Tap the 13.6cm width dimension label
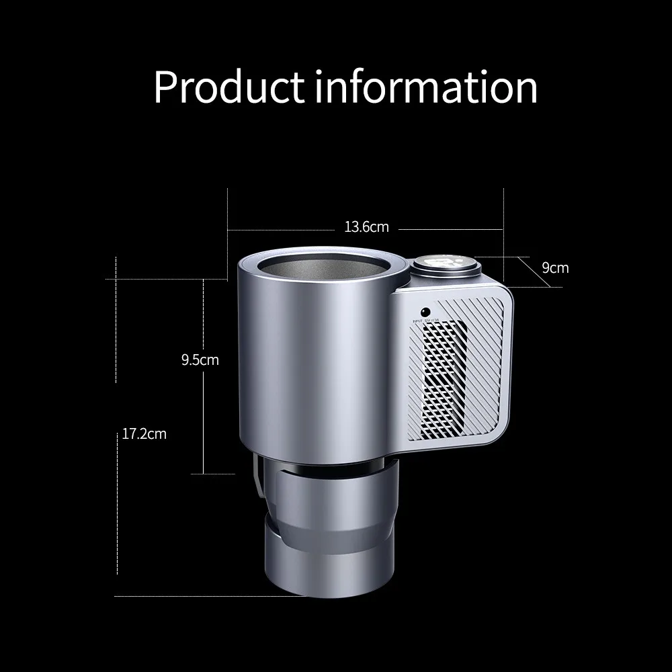(x=366, y=227)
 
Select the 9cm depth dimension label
(x=555, y=268)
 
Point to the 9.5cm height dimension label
(x=200, y=360)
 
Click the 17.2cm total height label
(x=144, y=434)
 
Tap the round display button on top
(x=446, y=264)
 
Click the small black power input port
(x=425, y=312)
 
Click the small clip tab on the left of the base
(x=257, y=477)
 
